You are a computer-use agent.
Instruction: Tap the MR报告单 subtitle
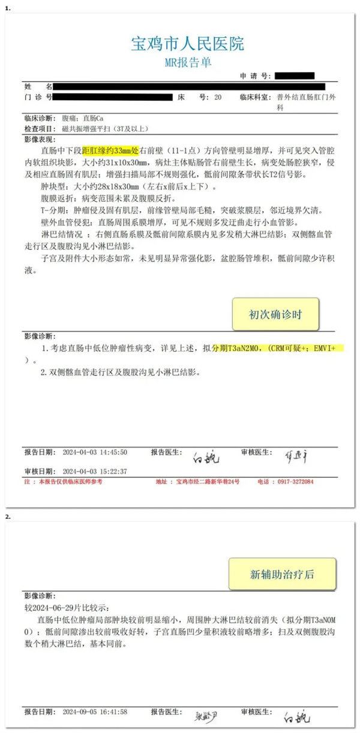pyautogui.click(x=187, y=62)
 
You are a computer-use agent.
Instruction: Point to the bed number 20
pyautogui.click(x=217, y=97)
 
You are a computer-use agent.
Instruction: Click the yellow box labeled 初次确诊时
pyautogui.click(x=275, y=314)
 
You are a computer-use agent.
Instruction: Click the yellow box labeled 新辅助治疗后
pyautogui.click(x=281, y=573)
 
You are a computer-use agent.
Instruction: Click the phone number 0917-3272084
pyautogui.click(x=293, y=482)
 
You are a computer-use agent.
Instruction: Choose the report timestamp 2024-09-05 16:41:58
pyautogui.click(x=95, y=712)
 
